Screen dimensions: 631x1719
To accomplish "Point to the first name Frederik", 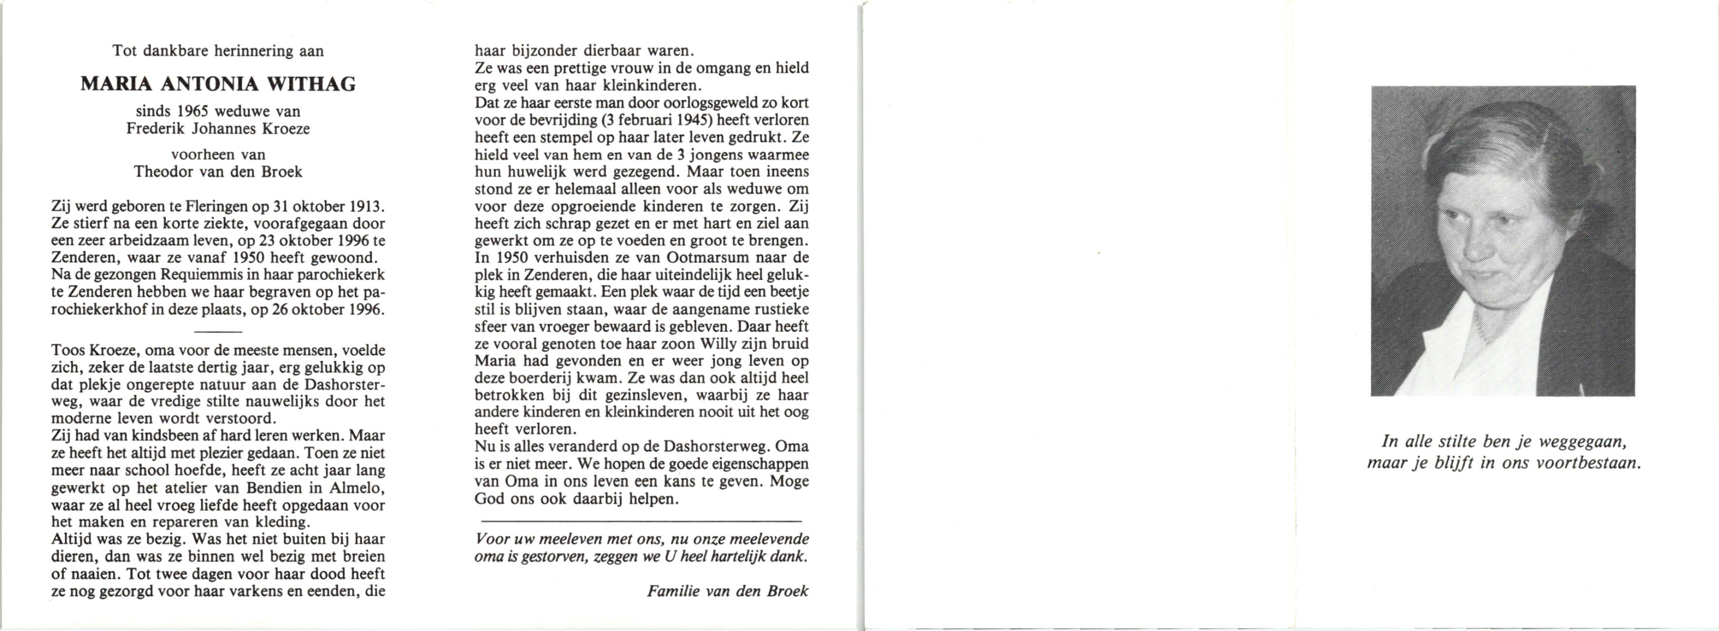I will pyautogui.click(x=152, y=128).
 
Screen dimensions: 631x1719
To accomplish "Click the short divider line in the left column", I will pyautogui.click(x=217, y=331).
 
